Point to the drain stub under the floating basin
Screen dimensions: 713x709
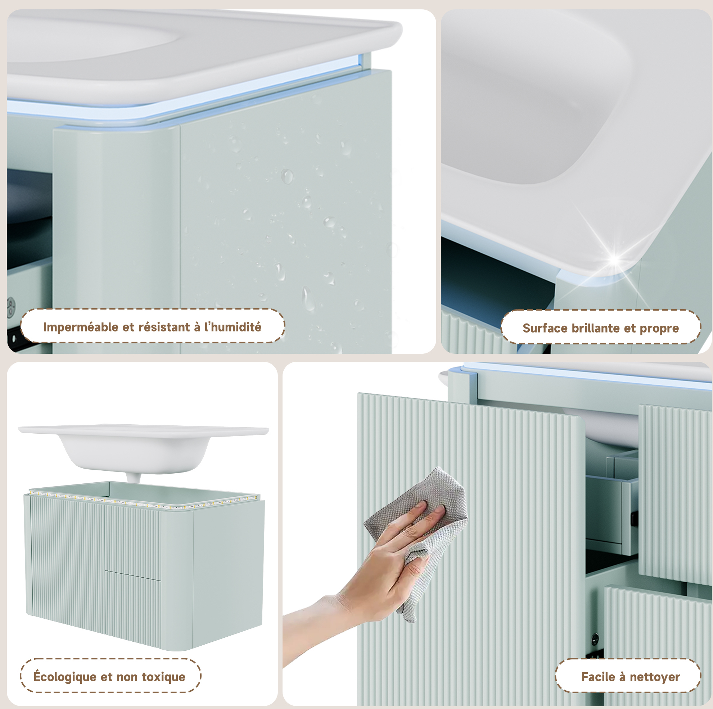tap(133, 478)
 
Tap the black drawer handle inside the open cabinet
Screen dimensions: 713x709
tap(633, 518)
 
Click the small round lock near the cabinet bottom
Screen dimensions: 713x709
tap(595, 638)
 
